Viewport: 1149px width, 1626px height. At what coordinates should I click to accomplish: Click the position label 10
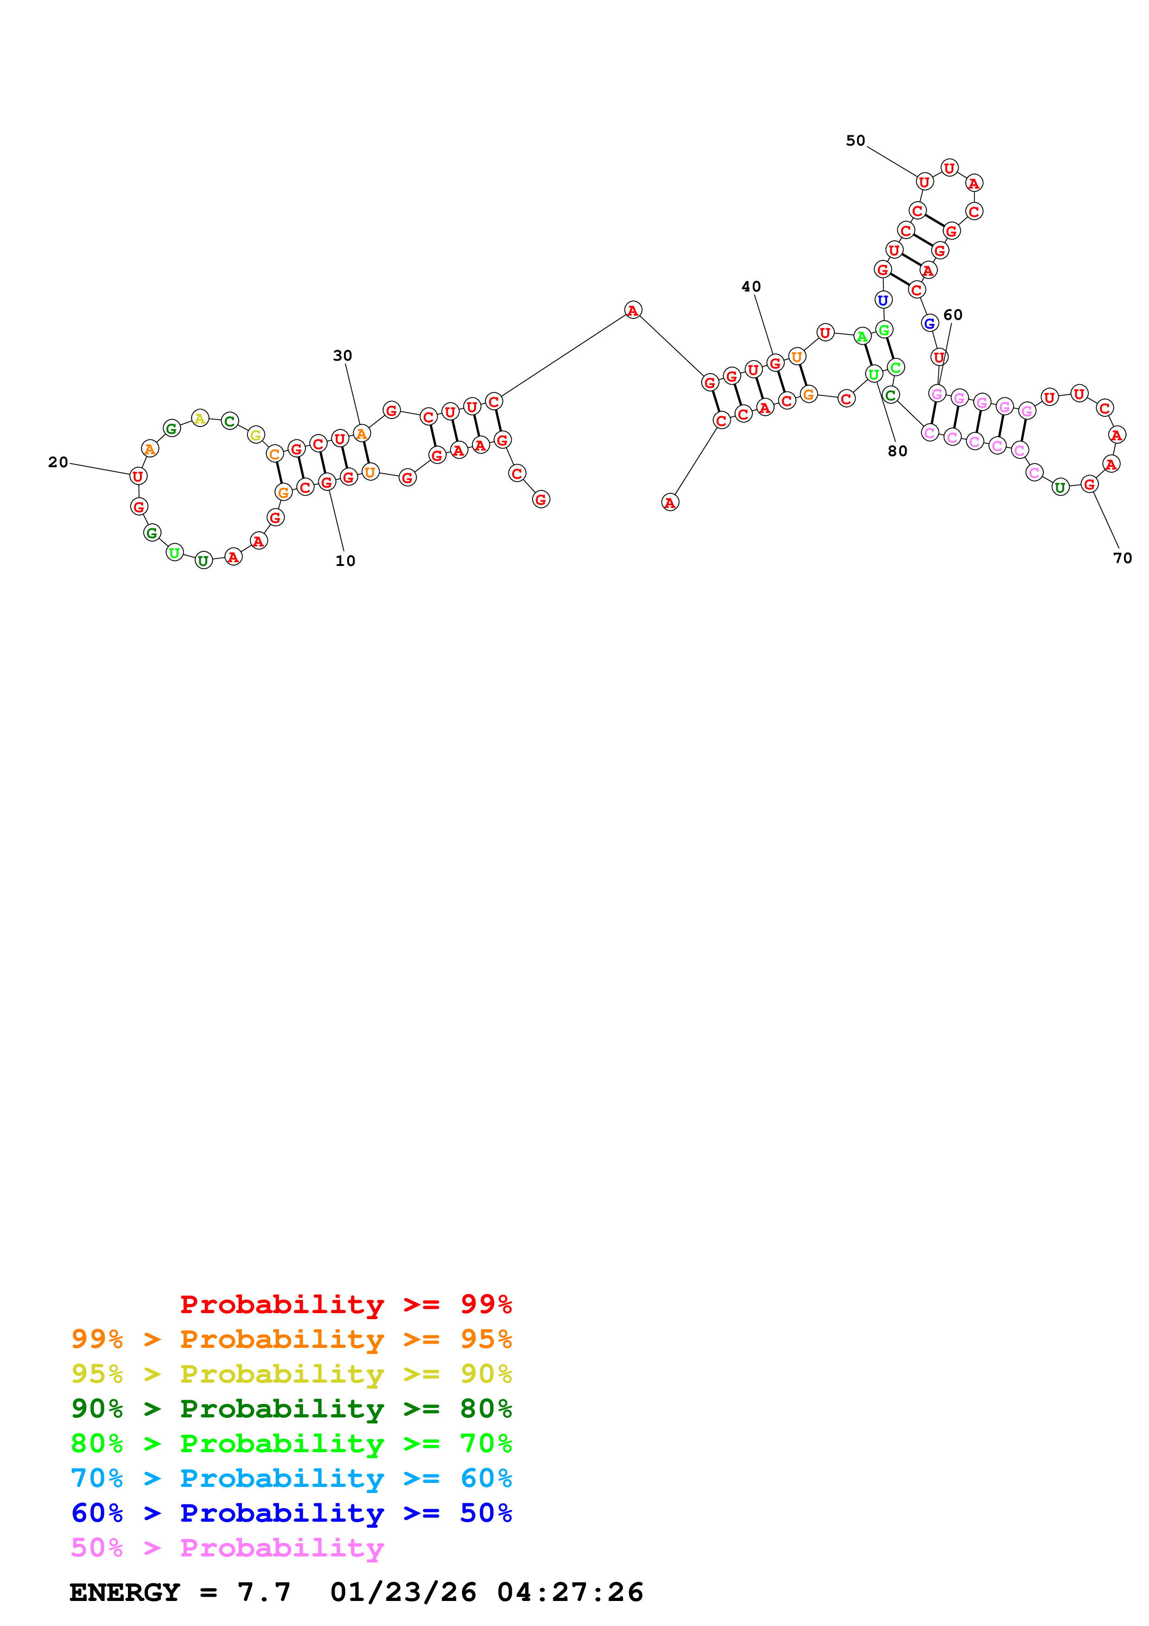click(345, 561)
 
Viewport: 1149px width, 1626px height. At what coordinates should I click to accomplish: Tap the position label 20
click(58, 463)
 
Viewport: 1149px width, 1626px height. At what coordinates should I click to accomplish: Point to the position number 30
click(343, 356)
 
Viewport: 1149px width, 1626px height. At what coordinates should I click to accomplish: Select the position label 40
click(751, 287)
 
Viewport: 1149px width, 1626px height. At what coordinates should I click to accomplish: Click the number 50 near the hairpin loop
click(856, 141)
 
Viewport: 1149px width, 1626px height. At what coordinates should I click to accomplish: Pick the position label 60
click(953, 315)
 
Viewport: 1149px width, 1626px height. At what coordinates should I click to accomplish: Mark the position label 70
click(1123, 558)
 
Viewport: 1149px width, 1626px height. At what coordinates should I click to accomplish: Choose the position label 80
click(898, 451)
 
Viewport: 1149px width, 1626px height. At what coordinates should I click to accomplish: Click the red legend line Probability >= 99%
click(346, 1304)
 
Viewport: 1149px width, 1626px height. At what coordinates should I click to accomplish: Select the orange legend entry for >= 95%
click(292, 1339)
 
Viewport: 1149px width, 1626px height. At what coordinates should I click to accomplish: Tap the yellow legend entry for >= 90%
click(292, 1374)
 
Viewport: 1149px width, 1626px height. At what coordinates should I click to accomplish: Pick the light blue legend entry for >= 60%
click(292, 1478)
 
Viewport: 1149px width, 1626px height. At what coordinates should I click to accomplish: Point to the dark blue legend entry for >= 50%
click(292, 1513)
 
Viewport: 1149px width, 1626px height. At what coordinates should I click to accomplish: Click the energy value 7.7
click(264, 1592)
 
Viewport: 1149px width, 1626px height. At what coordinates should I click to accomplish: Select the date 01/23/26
click(404, 1592)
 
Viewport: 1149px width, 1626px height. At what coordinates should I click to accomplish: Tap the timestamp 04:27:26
click(570, 1592)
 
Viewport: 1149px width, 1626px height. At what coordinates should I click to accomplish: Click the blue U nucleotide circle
click(883, 300)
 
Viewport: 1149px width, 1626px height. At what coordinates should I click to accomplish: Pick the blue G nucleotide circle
click(930, 323)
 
